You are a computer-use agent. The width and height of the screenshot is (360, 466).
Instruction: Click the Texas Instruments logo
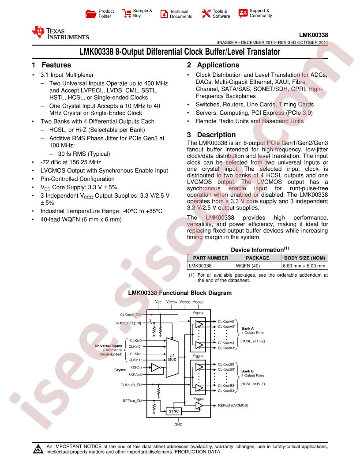coord(60,33)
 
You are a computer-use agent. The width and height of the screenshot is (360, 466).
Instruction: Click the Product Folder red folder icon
coord(90,14)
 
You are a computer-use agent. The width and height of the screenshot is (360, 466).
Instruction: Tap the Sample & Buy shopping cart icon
coord(127,13)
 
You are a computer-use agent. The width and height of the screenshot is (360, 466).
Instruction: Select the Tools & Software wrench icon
coord(206,13)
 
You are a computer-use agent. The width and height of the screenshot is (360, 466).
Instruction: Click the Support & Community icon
coord(243,13)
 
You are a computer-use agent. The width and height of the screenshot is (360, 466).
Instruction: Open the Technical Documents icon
coord(164,14)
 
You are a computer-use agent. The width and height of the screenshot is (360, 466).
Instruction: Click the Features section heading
coord(52,65)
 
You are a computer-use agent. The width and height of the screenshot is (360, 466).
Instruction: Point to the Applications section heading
coord(213,65)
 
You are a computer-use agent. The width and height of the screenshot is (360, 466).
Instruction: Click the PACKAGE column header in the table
coord(257,258)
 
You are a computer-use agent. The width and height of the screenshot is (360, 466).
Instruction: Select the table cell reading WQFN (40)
coord(248,266)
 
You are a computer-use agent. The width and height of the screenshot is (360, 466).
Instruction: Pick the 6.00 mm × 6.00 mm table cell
coord(304,266)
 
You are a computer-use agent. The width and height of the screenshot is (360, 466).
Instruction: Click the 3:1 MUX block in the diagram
coord(172,357)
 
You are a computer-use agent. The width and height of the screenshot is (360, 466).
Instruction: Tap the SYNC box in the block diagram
coord(174,411)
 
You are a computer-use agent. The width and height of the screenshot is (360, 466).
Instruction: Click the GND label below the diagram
coord(179,425)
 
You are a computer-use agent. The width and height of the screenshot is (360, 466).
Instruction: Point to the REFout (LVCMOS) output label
coord(233,406)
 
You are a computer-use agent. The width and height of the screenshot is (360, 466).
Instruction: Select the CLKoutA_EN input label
coord(131,315)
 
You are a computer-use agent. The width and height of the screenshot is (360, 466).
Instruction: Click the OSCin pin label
coord(136,367)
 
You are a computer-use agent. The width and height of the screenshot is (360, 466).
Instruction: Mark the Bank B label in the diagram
coord(247,371)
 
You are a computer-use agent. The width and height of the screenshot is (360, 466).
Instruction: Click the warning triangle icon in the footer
coord(38,449)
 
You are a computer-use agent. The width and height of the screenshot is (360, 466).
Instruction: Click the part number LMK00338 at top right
coord(313,35)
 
